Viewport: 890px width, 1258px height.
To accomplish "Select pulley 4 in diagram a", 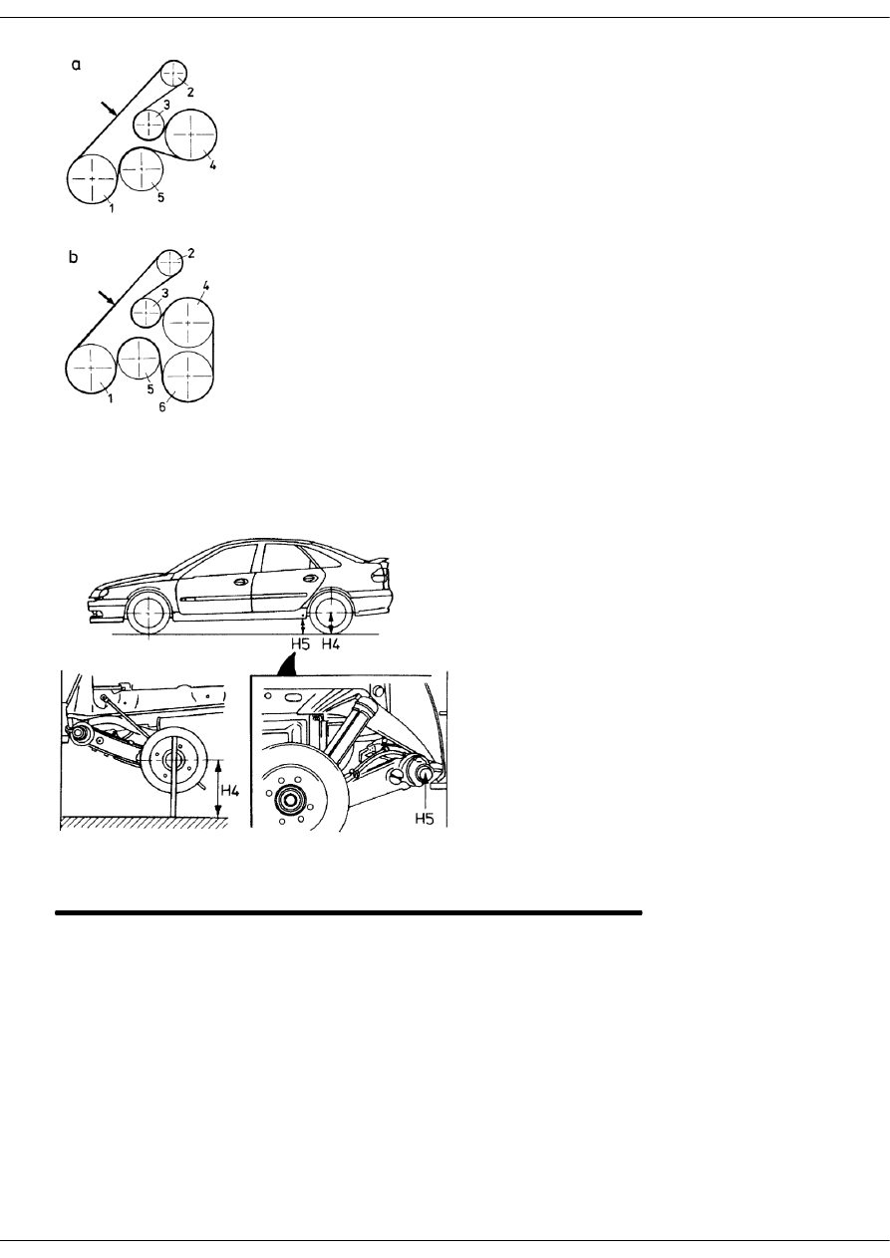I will pos(190,133).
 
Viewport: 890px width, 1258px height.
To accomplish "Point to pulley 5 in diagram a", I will pos(143,170).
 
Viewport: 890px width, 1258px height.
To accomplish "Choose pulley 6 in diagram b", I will pos(187,375).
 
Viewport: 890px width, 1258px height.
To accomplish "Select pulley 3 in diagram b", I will pos(147,312).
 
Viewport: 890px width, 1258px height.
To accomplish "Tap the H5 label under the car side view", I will pos(300,643).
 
